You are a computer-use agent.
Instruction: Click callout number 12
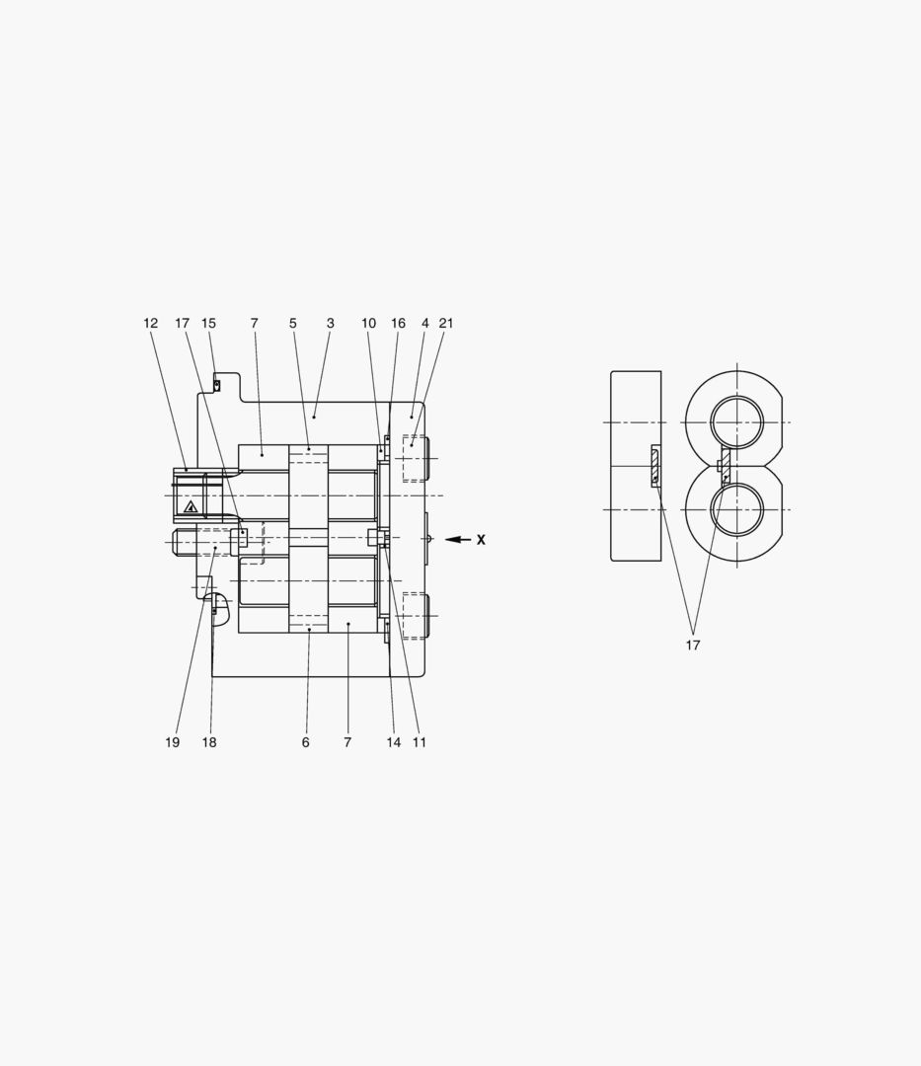150,324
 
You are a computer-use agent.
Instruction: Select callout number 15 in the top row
208,324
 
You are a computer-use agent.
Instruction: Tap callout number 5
293,324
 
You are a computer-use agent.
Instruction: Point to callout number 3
331,324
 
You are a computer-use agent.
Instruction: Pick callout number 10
368,324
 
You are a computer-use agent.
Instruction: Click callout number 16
398,324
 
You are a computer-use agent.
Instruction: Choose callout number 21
446,324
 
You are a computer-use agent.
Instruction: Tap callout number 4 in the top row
424,324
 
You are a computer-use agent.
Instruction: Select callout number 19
173,742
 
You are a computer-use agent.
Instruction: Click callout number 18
209,742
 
